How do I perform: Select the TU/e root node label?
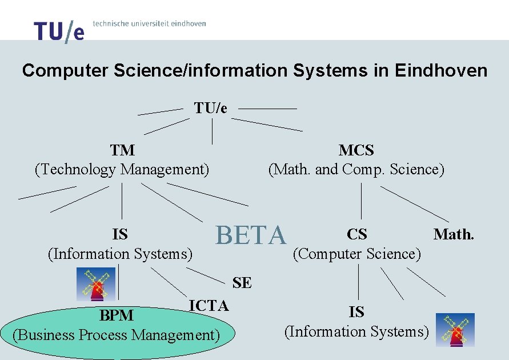point(211,108)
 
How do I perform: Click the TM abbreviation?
point(122,150)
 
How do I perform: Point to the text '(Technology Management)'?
point(122,170)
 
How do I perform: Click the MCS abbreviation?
point(356,150)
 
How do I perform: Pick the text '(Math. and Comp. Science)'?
point(356,170)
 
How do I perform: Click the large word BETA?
point(250,235)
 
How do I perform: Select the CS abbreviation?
point(357,234)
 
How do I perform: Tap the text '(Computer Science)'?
point(357,254)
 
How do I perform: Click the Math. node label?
point(454,234)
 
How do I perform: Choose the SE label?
point(242,283)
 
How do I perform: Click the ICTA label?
point(209,306)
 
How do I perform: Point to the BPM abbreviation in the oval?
point(117,315)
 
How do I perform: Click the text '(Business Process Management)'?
point(117,335)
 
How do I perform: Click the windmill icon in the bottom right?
point(455,330)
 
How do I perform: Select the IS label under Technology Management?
point(120,234)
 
